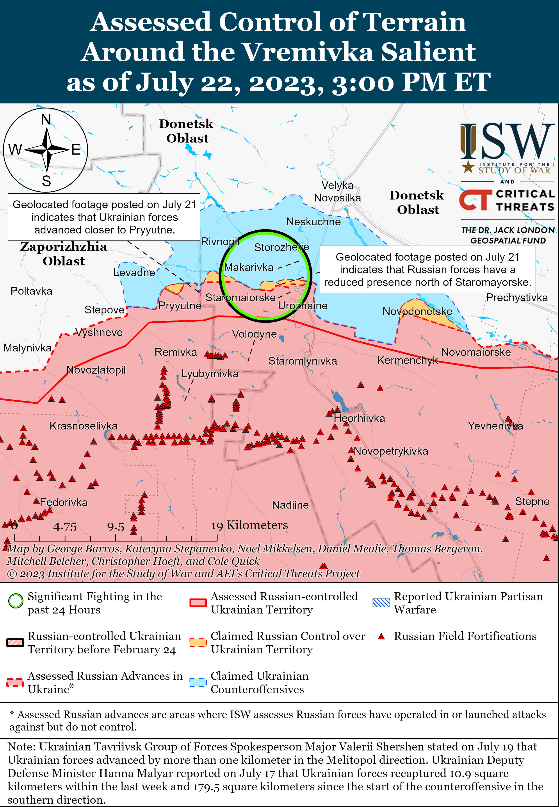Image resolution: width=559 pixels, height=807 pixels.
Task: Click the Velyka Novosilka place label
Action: click(x=337, y=192)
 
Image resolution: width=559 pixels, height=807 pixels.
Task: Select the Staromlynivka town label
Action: click(x=303, y=361)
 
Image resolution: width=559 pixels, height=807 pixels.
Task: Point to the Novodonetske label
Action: click(x=417, y=311)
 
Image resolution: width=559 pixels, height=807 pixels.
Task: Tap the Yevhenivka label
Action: click(x=495, y=426)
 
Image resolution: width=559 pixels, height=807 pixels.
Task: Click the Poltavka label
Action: click(x=32, y=291)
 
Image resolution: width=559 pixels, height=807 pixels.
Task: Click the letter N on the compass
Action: click(x=46, y=119)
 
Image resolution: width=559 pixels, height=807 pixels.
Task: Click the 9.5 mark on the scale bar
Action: click(x=116, y=527)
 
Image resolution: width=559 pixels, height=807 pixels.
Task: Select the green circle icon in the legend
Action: click(x=16, y=601)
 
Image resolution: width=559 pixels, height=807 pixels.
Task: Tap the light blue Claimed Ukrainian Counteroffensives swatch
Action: click(x=198, y=682)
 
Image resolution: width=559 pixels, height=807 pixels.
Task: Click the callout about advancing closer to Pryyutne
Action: click(x=104, y=217)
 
